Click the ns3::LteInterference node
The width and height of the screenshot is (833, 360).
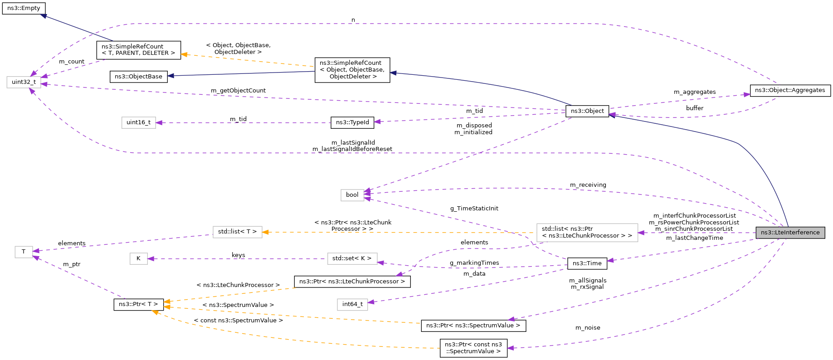[x=790, y=233]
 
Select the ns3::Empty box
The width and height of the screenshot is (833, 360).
[x=24, y=8]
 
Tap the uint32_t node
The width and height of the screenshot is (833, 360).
[x=24, y=82]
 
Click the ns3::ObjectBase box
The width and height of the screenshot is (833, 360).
[x=138, y=77]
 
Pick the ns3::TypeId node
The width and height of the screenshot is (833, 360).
[x=352, y=122]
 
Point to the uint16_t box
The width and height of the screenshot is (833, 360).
[x=138, y=122]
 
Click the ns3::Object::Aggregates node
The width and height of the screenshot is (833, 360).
[x=789, y=90]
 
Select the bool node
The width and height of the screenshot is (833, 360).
[x=352, y=195]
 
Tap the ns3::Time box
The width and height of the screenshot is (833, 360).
[x=587, y=263]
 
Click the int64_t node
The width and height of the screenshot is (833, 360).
[x=352, y=304]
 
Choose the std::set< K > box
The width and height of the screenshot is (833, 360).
[x=351, y=258]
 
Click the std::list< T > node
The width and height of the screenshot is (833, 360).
[x=237, y=232]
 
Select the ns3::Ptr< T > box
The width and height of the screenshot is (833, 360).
[x=138, y=304]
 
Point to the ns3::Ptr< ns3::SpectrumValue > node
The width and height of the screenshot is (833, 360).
[x=473, y=326]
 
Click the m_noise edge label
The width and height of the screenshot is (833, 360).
[x=588, y=328]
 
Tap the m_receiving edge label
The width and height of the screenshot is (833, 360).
[x=588, y=185]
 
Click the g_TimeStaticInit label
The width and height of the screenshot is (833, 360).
[x=474, y=209]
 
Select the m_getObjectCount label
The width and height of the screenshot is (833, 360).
[x=238, y=91]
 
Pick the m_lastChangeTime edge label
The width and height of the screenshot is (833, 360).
[x=694, y=238]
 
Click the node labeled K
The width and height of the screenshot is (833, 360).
[x=138, y=258]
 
